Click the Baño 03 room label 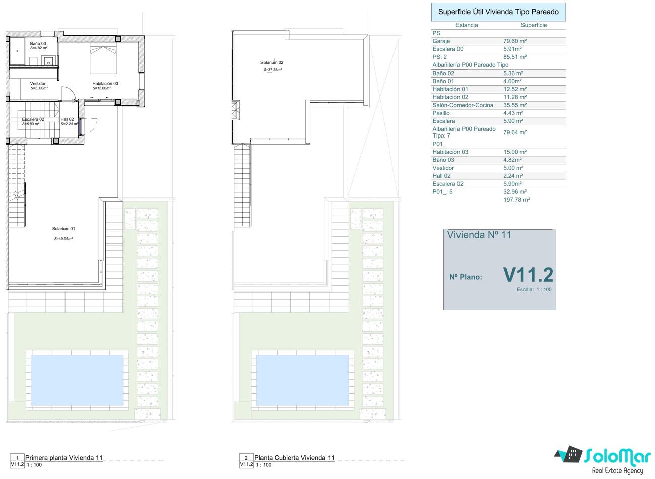(38, 43)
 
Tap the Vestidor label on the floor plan (38, 83)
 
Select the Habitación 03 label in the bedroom (105, 83)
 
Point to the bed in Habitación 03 (103, 58)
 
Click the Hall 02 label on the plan (67, 119)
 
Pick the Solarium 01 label (63, 229)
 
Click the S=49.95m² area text (63, 239)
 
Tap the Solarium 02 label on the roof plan (272, 62)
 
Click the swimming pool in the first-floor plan (77, 380)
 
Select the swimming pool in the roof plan (303, 380)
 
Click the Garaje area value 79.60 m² (515, 41)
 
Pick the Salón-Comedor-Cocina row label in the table (463, 105)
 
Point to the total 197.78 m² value (516, 200)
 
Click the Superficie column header (534, 25)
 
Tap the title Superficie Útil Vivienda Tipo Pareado (498, 12)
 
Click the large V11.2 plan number (528, 275)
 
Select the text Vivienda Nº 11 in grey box (479, 235)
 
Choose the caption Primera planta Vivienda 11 (64, 458)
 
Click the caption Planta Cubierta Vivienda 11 (294, 458)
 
